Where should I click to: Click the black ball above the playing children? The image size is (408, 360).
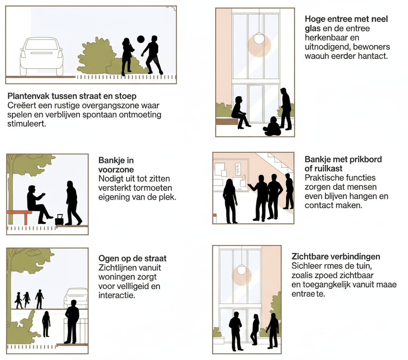coord(141,39)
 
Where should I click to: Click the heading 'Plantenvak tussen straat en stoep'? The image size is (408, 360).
coord(72,96)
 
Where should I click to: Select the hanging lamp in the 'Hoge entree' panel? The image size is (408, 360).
coord(259,38)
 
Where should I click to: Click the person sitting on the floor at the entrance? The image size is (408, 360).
coord(273,127)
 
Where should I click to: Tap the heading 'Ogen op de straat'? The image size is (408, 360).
coord(132,258)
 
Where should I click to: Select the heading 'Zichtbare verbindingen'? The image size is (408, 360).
coord(336,257)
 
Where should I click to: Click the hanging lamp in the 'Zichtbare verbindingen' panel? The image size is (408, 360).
coord(241,269)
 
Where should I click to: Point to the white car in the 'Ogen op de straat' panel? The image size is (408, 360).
coord(76,297)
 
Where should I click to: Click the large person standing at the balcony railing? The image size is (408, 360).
coord(72,321)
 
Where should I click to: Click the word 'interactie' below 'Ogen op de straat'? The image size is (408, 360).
coord(116,295)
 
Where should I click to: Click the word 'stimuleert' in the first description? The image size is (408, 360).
coord(27,123)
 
